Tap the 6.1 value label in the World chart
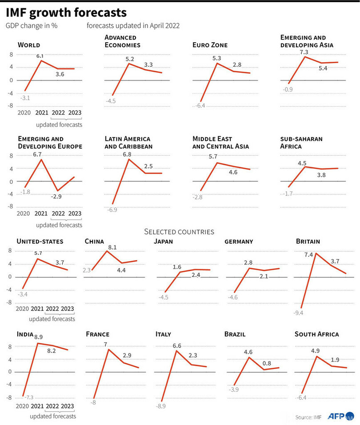pyautogui.click(x=40, y=56)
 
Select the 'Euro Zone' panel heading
pyautogui.click(x=210, y=45)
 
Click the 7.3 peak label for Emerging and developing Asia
pyautogui.click(x=304, y=52)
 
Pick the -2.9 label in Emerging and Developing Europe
pyautogui.click(x=56, y=195)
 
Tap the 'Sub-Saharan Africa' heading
pyautogui.click(x=301, y=143)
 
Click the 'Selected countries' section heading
pyautogui.click(x=180, y=231)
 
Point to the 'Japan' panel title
pyautogui.click(x=164, y=242)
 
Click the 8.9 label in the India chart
pyautogui.click(x=39, y=338)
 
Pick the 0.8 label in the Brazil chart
pyautogui.click(x=267, y=362)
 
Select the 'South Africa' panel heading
pyautogui.click(x=316, y=334)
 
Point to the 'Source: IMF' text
pyautogui.click(x=308, y=417)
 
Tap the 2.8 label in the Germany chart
pyautogui.click(x=248, y=263)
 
